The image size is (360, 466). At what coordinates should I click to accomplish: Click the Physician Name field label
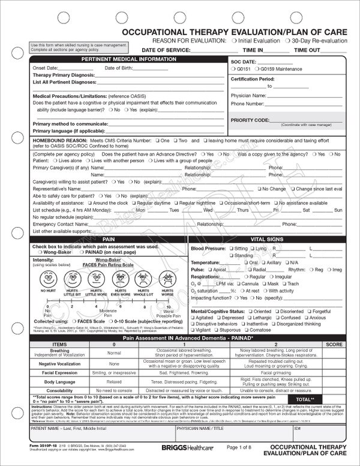point(248,95)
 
